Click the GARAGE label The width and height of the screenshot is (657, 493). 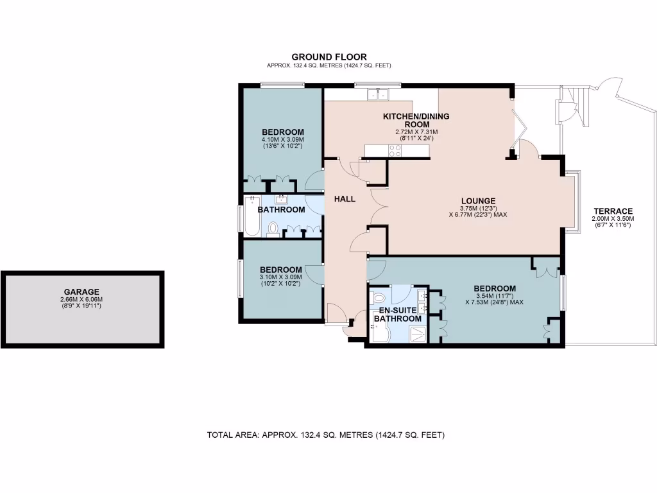pos(81,292)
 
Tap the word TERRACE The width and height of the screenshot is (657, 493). pos(613,211)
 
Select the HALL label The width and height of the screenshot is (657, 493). pos(345,199)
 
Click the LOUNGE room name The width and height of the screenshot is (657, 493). pos(478,200)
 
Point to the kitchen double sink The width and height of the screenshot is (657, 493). pos(378,95)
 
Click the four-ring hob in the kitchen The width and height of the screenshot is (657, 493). pos(395,151)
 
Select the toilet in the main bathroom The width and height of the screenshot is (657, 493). pos(273,228)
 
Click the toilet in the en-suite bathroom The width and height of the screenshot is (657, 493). pos(379,297)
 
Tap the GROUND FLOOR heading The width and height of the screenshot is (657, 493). pos(329,57)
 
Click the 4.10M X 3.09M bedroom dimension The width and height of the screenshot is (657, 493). pos(282,139)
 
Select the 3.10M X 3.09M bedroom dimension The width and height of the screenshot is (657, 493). pos(280,277)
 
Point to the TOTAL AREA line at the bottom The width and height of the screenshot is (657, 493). pos(325,435)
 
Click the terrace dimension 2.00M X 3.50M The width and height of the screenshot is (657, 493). pos(613,219)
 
